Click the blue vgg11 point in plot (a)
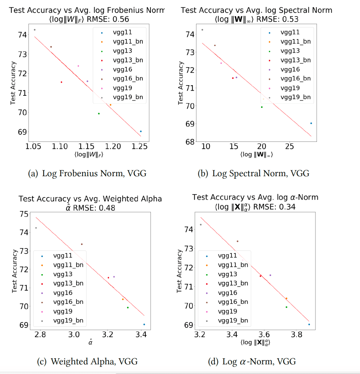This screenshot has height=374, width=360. click(x=141, y=131)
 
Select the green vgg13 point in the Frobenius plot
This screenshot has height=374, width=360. click(x=99, y=113)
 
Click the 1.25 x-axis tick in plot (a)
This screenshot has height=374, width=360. click(x=140, y=147)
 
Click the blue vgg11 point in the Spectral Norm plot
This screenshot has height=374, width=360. click(x=311, y=123)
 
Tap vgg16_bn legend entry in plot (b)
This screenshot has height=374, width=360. click(x=295, y=79)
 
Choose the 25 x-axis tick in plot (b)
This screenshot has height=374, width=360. click(x=289, y=147)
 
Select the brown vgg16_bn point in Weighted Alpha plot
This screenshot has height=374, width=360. click(x=82, y=244)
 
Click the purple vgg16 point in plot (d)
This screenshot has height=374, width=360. click(x=270, y=275)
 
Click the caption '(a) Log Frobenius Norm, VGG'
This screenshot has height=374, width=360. click(x=87, y=173)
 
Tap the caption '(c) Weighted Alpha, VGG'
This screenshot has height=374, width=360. click(x=88, y=362)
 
